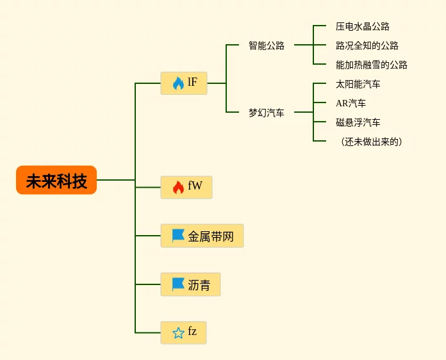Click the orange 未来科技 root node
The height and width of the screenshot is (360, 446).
click(x=56, y=180)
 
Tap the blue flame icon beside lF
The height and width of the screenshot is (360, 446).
click(x=178, y=83)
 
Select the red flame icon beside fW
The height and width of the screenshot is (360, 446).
click(x=178, y=188)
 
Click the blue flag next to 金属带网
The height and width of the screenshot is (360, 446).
click(x=178, y=236)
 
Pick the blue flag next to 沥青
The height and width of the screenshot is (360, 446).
click(x=178, y=284)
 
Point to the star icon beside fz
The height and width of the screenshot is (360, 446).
click(x=178, y=332)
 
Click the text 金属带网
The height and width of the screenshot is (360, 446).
click(x=211, y=236)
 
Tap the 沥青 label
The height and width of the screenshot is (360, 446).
click(x=199, y=285)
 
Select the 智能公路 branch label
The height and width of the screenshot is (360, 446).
click(x=267, y=45)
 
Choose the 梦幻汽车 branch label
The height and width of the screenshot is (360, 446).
click(x=267, y=113)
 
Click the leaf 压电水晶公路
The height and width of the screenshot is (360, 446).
click(x=363, y=26)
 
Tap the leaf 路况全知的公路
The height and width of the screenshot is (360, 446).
click(x=367, y=45)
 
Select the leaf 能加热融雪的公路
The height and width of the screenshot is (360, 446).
click(x=372, y=65)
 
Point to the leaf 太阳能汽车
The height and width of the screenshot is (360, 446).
click(x=358, y=84)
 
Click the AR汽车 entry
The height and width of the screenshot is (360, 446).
click(x=351, y=103)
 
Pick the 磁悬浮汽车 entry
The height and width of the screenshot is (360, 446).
click(x=358, y=122)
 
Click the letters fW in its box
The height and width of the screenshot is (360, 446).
click(x=195, y=185)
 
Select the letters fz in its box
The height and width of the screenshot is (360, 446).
click(x=192, y=331)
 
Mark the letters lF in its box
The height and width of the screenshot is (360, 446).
click(x=193, y=82)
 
